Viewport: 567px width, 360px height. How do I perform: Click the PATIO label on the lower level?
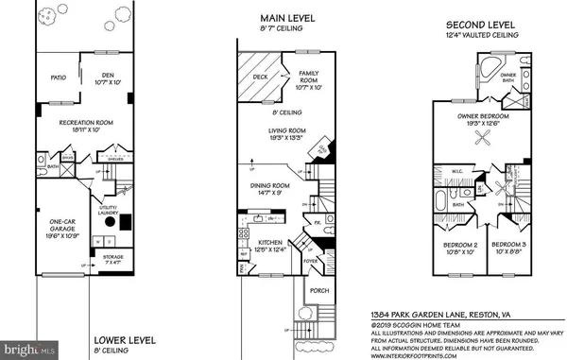(58, 79)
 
